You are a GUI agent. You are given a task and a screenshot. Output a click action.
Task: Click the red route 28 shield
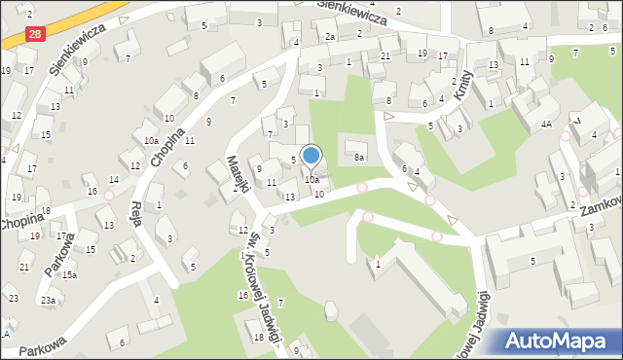point(35,34)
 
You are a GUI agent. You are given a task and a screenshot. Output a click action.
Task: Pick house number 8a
point(359,157)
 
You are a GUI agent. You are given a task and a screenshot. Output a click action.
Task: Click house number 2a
point(330,37)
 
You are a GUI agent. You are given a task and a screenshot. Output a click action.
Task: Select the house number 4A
point(547,125)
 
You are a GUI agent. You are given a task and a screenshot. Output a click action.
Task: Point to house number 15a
point(69,275)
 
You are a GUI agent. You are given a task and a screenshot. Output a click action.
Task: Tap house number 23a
point(47,301)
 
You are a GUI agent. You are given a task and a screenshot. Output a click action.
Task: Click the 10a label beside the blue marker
point(311,179)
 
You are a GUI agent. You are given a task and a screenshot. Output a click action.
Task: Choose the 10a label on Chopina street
point(151,141)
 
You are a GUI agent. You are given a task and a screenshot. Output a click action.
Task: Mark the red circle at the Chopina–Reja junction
point(109,195)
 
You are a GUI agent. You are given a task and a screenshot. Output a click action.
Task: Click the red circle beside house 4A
point(565,137)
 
